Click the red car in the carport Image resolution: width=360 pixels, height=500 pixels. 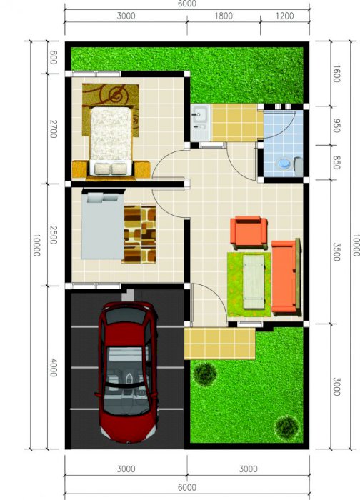tap(128, 372)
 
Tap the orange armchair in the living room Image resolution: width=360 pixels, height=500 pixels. tap(249, 233)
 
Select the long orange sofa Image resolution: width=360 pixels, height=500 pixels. tap(286, 277)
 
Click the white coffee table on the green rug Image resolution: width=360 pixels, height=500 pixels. tap(254, 282)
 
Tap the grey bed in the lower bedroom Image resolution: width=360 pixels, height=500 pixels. tap(102, 226)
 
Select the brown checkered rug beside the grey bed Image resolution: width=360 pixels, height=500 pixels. tap(139, 234)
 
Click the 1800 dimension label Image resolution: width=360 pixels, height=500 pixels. tap(224, 16)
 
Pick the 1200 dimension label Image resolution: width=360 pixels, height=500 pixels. tap(284, 16)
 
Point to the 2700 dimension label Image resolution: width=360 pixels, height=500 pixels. tap(54, 129)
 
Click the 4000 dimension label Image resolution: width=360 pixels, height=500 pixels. tap(54, 367)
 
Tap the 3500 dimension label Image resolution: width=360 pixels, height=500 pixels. tap(336, 252)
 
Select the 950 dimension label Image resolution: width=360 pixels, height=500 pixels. tap(336, 126)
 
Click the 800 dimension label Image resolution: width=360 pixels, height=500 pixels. tap(54, 57)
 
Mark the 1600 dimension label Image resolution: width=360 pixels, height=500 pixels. tap(336, 74)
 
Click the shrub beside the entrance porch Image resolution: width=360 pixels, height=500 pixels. tap(205, 374)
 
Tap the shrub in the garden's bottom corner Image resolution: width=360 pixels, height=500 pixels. tap(287, 427)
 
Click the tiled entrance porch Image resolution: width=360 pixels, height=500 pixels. tap(220, 344)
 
